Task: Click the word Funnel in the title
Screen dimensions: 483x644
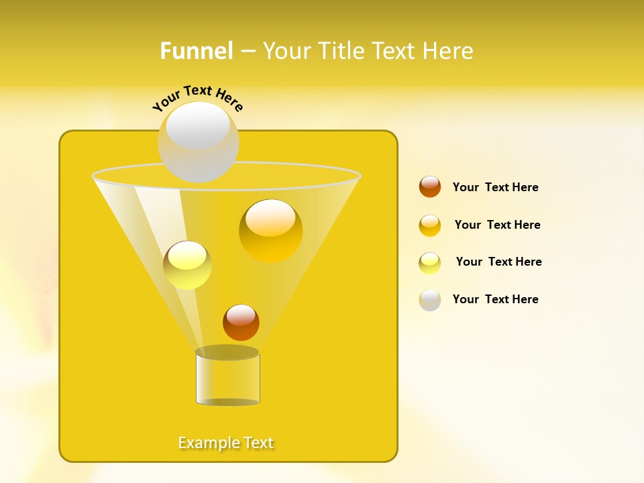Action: (x=197, y=51)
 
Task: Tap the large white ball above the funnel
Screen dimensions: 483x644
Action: (x=198, y=142)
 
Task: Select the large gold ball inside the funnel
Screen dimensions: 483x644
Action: (x=270, y=230)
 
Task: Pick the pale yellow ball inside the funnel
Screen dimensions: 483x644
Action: (x=187, y=265)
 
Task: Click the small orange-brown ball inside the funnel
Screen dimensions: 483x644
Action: (x=241, y=322)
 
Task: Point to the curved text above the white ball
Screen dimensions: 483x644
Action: (x=198, y=98)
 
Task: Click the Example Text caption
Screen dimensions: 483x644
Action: (x=226, y=443)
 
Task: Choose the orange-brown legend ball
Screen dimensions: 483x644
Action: (x=430, y=186)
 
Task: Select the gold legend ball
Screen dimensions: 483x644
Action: (x=430, y=225)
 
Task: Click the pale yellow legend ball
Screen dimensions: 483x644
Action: (x=430, y=263)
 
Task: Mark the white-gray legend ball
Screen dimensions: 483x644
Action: (x=430, y=300)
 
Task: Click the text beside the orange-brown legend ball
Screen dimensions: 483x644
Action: (x=495, y=187)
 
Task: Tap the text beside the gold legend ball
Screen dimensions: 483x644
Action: (x=497, y=225)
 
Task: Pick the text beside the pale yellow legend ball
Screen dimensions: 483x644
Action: (x=498, y=262)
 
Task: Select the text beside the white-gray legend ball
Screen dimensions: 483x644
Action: (x=495, y=299)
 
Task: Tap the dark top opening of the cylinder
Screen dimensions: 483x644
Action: (x=227, y=352)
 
